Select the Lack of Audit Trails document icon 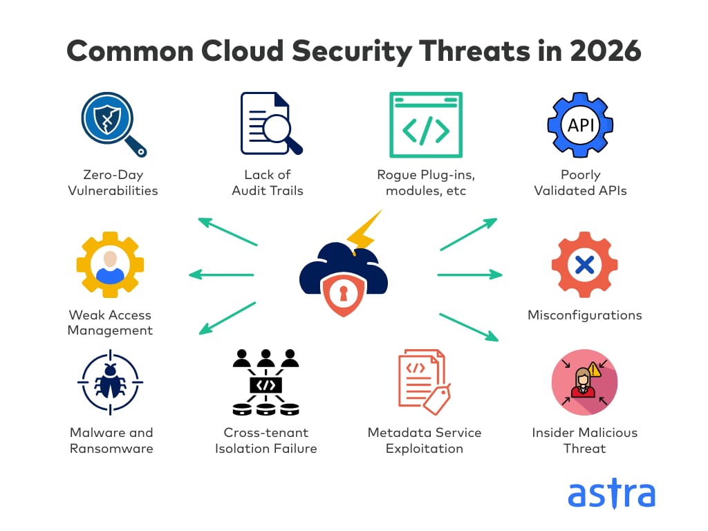coord(271,124)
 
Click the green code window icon coord(426,124)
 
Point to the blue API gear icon coord(580,125)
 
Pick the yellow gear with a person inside coord(110,265)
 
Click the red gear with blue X coord(585,265)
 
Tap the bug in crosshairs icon coord(110,382)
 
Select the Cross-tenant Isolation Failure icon coord(266,382)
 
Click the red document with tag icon coord(425,382)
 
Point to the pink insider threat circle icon coord(585,382)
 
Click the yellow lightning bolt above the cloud coord(364,232)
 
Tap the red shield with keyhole coord(343,295)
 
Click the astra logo coord(611,493)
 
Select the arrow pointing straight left coord(221,274)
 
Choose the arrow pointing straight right coord(469,274)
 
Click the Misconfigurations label coord(585,315)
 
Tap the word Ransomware coord(111,449)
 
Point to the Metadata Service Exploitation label coord(425,440)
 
